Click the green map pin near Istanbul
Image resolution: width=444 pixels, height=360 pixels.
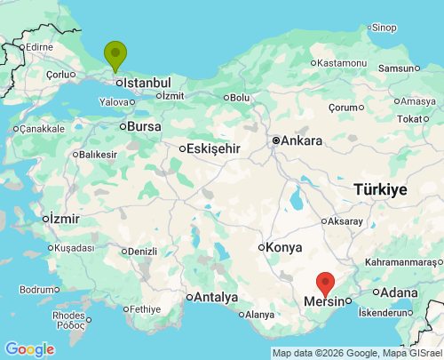tap(115, 55)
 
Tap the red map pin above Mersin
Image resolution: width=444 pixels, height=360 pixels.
tap(326, 283)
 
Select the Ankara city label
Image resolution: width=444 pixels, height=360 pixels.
tap(303, 140)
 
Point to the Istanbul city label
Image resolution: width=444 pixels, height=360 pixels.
tap(147, 83)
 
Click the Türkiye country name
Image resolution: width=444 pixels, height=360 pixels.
tap(380, 189)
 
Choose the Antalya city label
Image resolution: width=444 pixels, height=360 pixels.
tap(217, 297)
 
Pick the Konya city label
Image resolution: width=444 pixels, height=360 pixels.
tap(283, 248)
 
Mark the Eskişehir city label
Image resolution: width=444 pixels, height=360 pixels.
tap(213, 149)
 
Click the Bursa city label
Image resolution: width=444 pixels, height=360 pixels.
tap(144, 126)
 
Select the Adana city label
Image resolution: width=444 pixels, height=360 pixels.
tap(400, 292)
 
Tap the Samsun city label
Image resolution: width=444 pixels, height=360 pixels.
tap(396, 68)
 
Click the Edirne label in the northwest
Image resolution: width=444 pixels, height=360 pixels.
tap(40, 46)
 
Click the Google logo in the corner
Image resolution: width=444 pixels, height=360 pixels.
tap(29, 349)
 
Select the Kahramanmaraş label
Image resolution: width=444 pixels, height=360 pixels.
tap(401, 262)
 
